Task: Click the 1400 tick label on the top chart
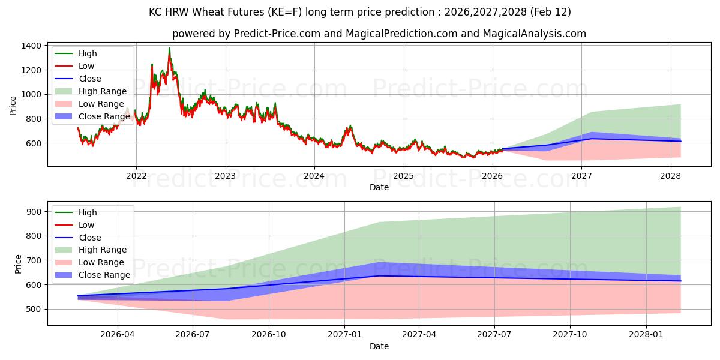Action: pos(31,46)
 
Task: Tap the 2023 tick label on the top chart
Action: pos(225,176)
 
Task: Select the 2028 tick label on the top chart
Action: pos(670,176)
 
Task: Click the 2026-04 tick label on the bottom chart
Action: pos(118,335)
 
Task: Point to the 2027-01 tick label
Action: pos(344,335)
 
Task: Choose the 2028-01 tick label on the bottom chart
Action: pos(647,335)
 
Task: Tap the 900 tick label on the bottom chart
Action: pos(34,212)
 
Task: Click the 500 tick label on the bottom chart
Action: pos(34,309)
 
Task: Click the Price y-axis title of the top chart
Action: pos(13,105)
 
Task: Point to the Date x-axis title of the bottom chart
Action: pos(379,346)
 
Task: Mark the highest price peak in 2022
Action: pos(169,49)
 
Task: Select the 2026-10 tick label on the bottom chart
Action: pos(269,335)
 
